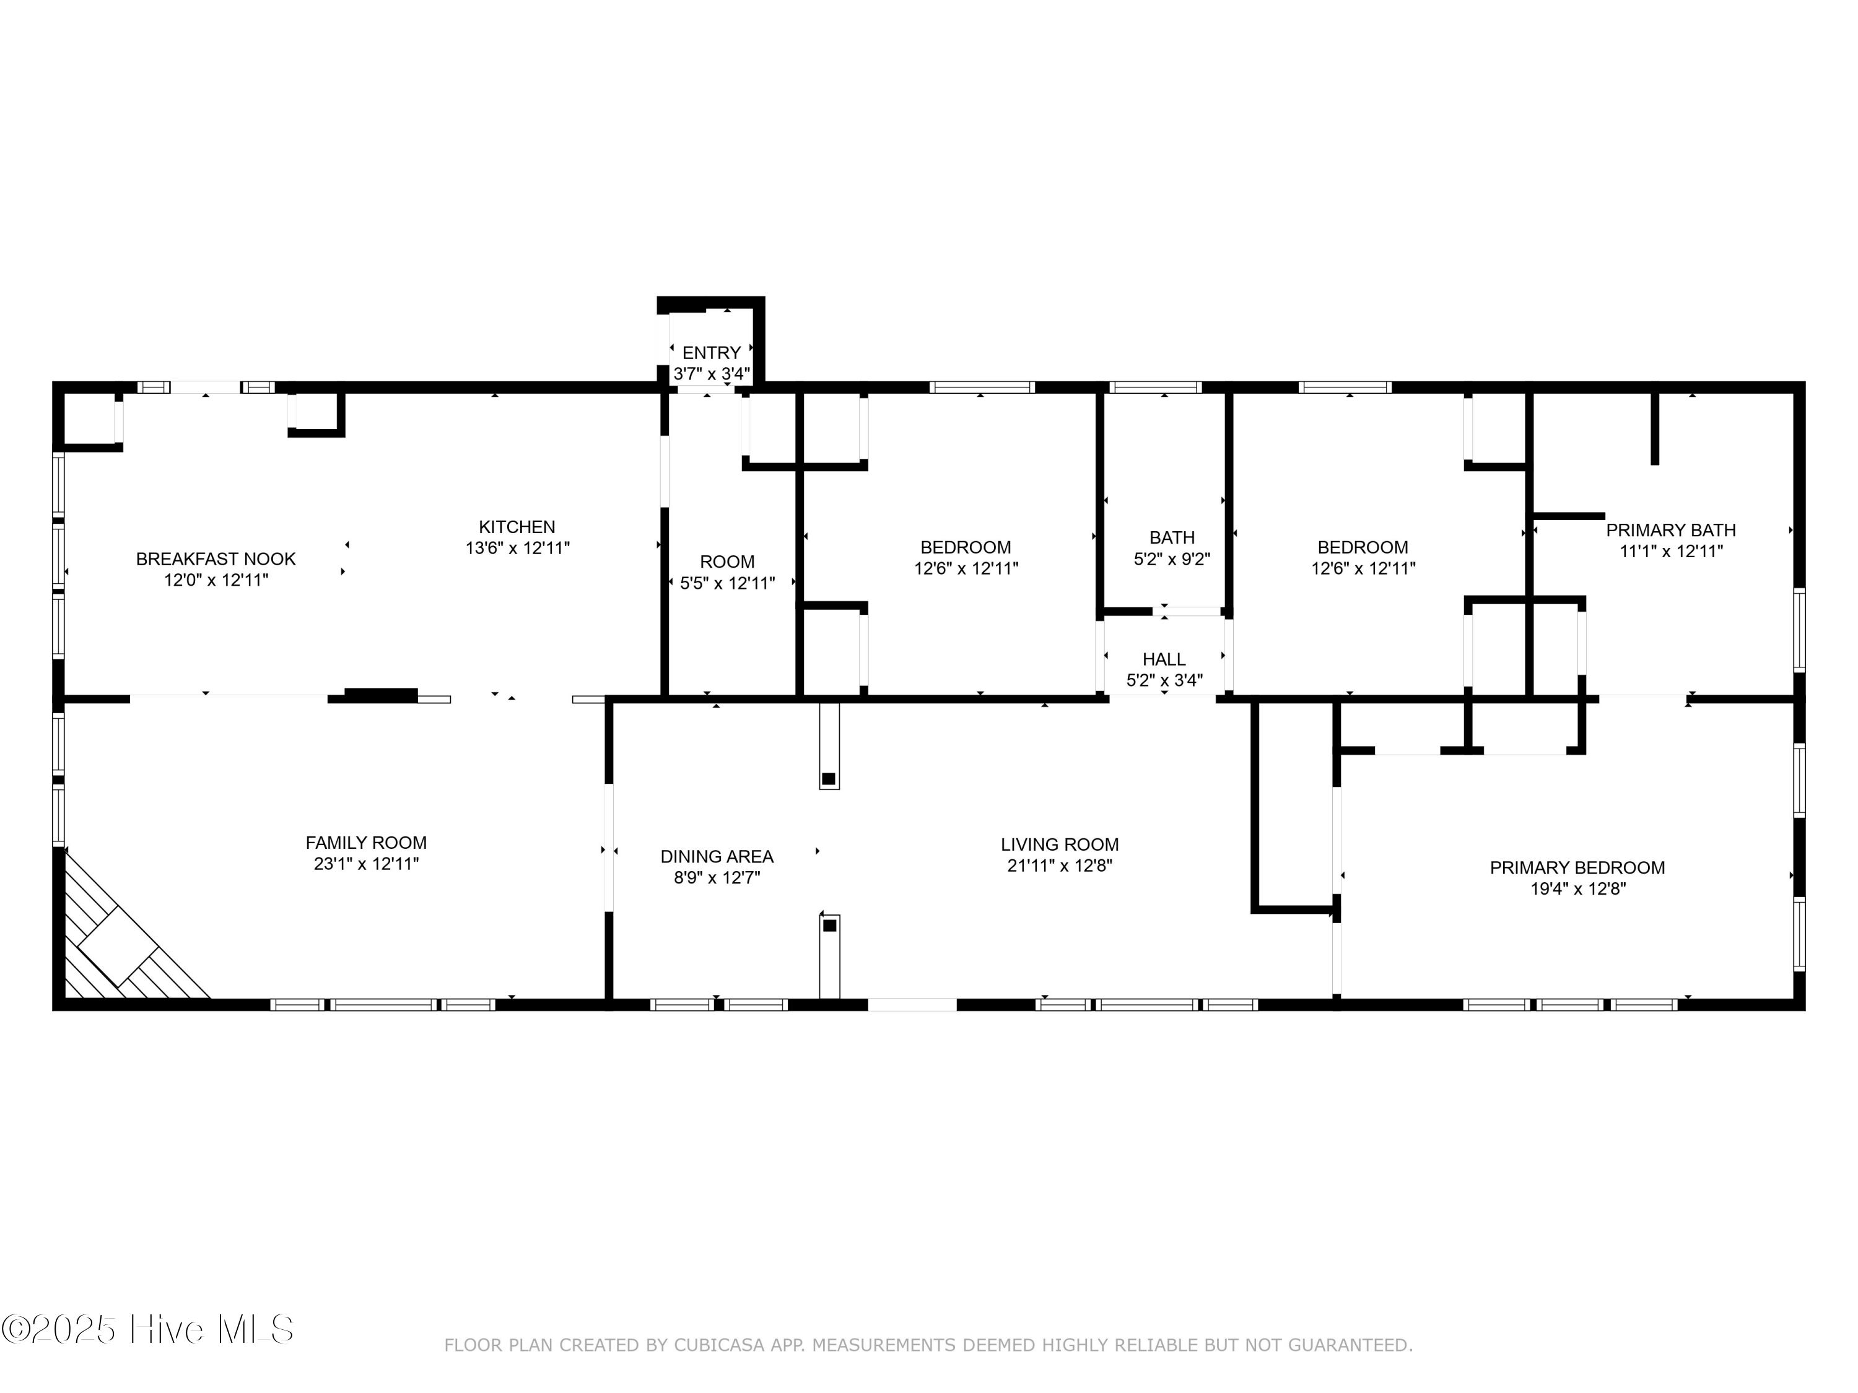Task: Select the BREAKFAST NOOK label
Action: click(216, 559)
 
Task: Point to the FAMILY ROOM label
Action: click(365, 842)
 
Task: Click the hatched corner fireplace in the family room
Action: click(118, 949)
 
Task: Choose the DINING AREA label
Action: click(717, 856)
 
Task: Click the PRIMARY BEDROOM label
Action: click(1577, 867)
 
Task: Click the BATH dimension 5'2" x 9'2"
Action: click(1171, 558)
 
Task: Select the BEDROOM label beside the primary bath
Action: click(1363, 547)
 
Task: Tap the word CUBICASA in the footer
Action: click(718, 1345)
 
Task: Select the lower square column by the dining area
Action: click(829, 926)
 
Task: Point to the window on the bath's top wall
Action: click(1155, 387)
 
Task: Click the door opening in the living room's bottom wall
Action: click(912, 1004)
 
